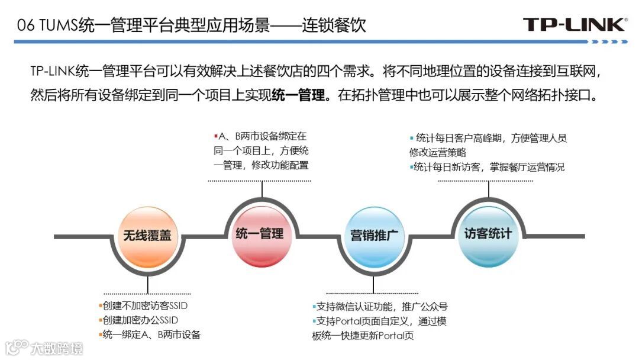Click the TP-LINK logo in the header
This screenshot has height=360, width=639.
click(575, 24)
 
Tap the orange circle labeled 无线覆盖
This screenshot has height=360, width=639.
click(147, 236)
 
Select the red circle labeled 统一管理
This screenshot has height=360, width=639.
click(260, 233)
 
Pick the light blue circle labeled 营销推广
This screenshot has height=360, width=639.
click(373, 236)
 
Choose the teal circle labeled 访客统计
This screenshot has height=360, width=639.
click(488, 233)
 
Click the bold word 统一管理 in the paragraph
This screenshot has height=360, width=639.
click(299, 95)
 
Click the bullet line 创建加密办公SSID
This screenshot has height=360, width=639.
click(140, 320)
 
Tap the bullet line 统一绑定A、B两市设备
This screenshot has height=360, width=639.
click(151, 335)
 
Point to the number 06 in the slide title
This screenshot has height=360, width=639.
click(25, 25)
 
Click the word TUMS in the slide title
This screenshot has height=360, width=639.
click(56, 25)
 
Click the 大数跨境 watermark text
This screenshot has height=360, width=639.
click(57, 348)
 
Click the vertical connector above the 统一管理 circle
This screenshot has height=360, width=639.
click(262, 188)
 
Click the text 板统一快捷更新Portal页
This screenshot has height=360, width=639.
click(363, 336)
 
